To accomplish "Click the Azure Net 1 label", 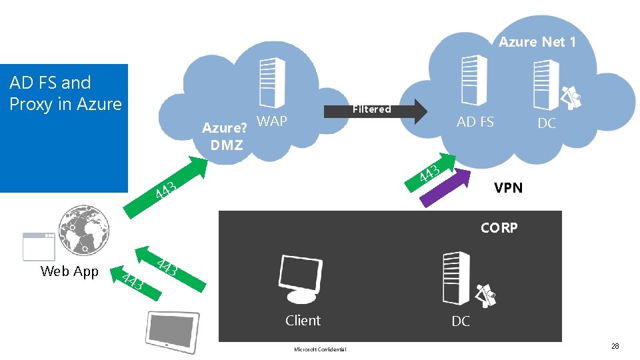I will [x=537, y=42].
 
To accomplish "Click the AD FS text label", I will [x=475, y=122].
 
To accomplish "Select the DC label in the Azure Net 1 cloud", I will [x=547, y=123].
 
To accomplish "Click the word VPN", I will [x=508, y=188].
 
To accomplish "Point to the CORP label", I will [x=499, y=228].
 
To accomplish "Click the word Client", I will [x=303, y=321].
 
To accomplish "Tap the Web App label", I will [x=69, y=271].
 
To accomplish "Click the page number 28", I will [x=615, y=346].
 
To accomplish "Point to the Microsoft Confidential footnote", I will [x=319, y=349].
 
